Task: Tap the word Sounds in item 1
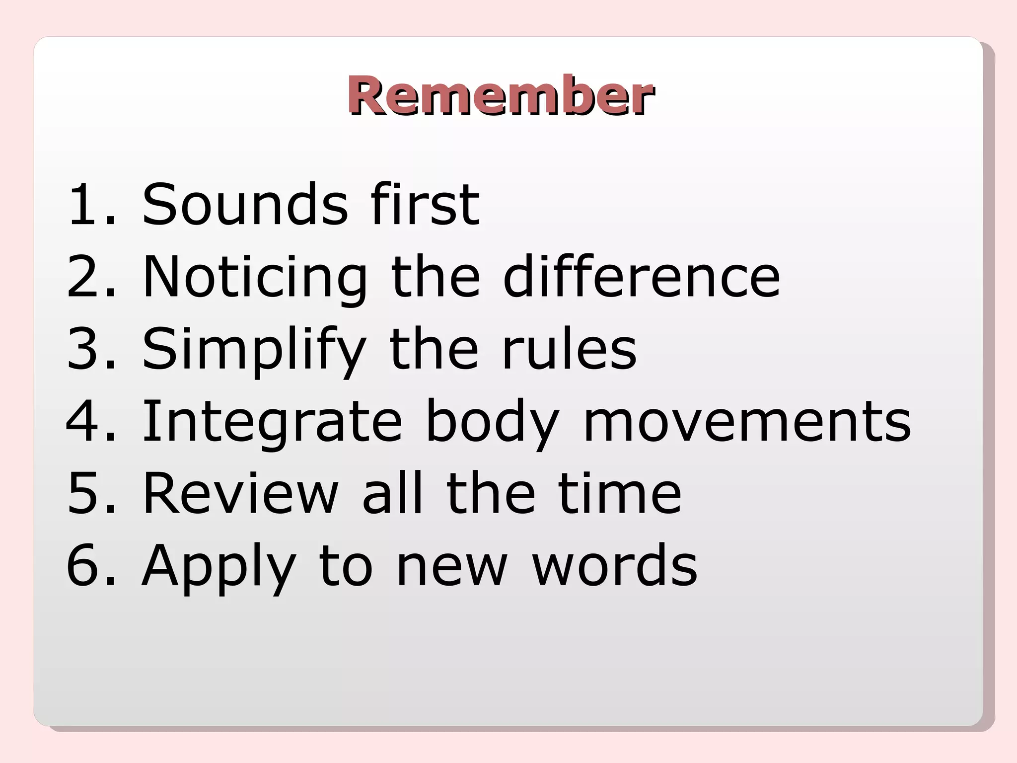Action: tap(245, 204)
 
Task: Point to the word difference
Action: tap(641, 276)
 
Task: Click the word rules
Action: tap(569, 348)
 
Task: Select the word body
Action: tap(493, 421)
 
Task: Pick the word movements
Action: tap(747, 421)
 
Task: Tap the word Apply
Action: tap(219, 566)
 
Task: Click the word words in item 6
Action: tap(615, 565)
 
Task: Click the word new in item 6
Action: tap(452, 566)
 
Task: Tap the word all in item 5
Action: tap(392, 493)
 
